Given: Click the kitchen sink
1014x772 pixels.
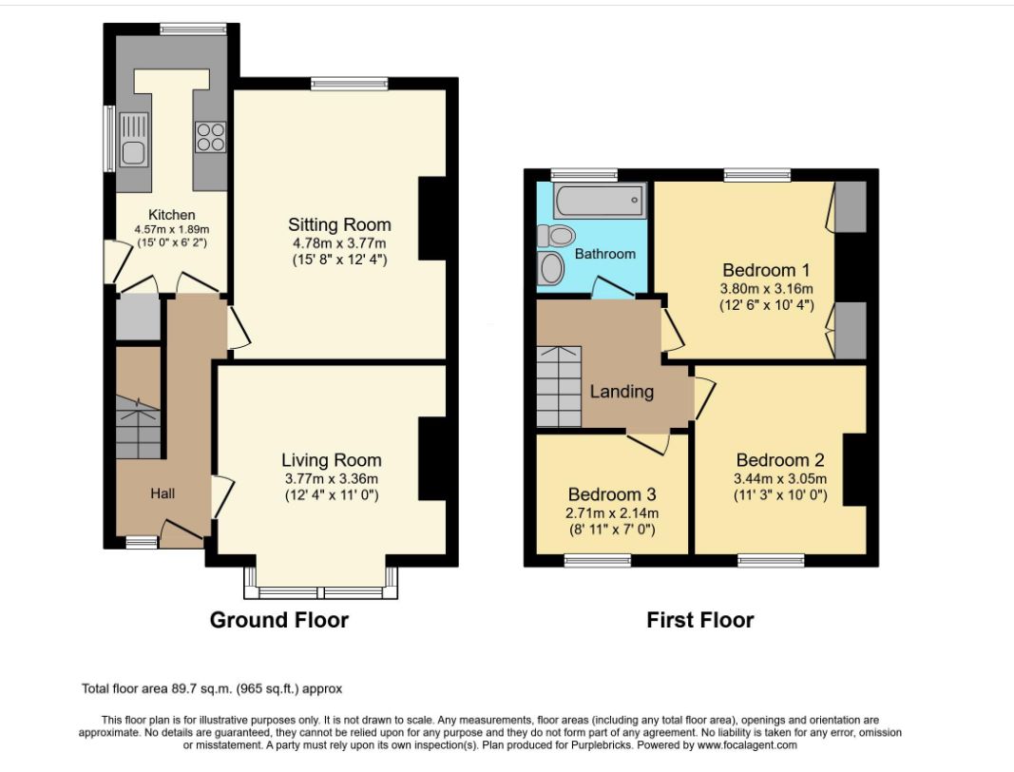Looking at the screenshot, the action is point(134,139).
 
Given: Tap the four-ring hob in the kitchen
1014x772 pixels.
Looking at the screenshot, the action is point(210,137).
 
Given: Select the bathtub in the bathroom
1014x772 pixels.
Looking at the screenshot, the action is point(600,202).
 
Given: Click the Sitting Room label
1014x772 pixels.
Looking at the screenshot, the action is point(339,224).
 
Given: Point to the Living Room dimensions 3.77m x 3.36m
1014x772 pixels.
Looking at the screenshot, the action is point(331,479).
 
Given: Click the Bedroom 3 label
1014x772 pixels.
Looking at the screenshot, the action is point(612,494).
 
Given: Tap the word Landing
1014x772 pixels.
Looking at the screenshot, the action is point(622,392).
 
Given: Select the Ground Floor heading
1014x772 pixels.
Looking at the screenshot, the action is point(279,620).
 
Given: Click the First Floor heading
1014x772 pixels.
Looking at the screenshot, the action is point(700,620).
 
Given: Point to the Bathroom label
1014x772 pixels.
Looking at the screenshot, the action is point(605,254).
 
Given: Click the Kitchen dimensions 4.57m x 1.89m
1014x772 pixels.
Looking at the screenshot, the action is point(172,229).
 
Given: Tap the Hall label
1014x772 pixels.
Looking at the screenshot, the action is point(163,493).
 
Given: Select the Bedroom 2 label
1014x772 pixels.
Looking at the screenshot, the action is point(780,460).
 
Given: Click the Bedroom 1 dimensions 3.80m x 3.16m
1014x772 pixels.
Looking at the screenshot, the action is point(766,289).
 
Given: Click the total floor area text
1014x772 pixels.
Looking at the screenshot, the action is point(212,688).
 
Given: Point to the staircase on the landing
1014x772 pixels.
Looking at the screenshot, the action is point(559,387).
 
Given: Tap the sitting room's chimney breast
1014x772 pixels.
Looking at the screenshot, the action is point(432,219).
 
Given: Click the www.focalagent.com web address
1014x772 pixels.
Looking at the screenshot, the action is point(747,744).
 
